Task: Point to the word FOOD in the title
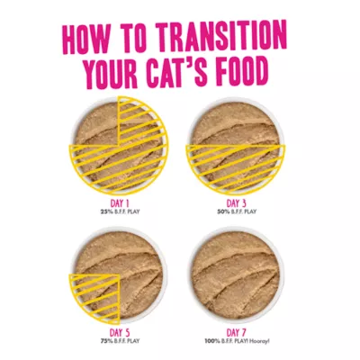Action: (242, 70)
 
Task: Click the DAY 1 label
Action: (120, 203)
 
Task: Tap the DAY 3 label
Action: (237, 203)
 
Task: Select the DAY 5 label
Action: (120, 333)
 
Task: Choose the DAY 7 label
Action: (237, 333)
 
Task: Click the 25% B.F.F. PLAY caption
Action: (120, 211)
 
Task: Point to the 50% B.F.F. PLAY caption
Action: (237, 211)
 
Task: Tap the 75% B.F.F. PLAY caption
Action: (120, 341)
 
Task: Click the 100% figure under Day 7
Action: (211, 341)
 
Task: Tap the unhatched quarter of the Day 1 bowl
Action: (96, 124)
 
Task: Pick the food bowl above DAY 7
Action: (237, 274)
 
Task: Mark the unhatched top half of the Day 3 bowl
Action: (236, 124)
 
